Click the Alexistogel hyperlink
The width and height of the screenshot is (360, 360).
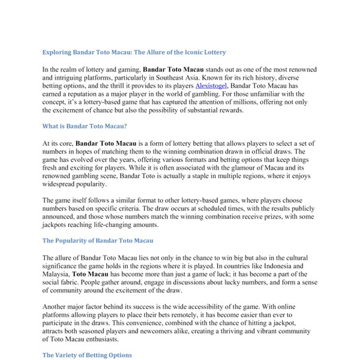point(213,86)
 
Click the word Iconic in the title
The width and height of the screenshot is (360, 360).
point(190,52)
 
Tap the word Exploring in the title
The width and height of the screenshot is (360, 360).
point(58,52)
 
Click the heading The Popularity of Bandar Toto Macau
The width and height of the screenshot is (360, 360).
point(98,241)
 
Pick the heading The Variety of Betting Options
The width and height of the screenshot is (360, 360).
point(87,355)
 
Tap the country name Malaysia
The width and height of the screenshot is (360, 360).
point(58,273)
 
